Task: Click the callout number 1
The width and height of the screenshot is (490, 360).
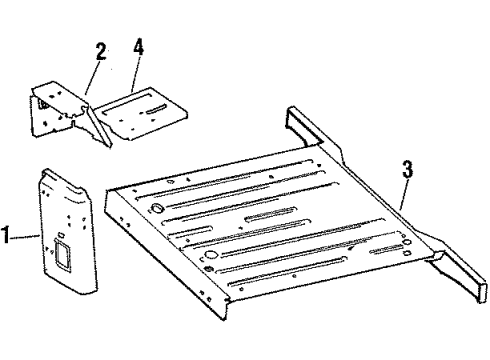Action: pyautogui.click(x=8, y=237)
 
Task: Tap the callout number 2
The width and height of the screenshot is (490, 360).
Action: pyautogui.click(x=99, y=53)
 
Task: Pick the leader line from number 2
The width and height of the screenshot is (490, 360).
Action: pyautogui.click(x=92, y=77)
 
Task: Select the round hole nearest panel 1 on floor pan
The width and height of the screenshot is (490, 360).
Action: pyautogui.click(x=156, y=208)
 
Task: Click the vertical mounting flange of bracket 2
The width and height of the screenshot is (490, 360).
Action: pyautogui.click(x=43, y=117)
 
